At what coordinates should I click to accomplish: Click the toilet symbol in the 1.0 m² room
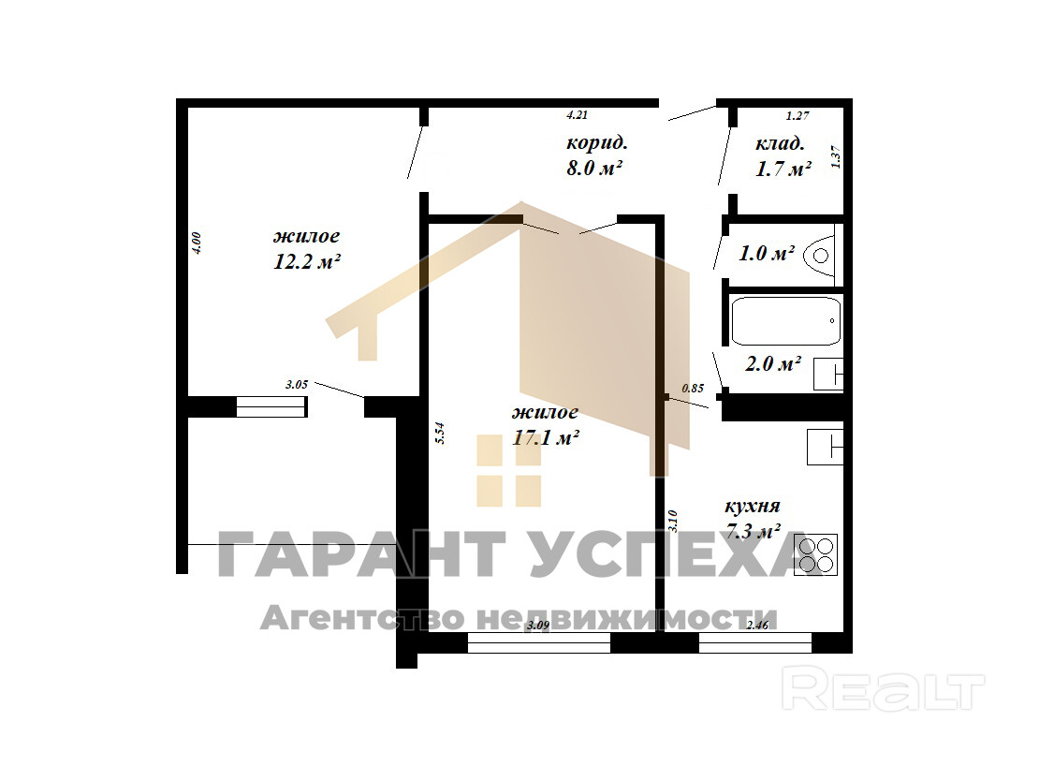[x=822, y=255]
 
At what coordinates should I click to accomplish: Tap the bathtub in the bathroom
[x=786, y=321]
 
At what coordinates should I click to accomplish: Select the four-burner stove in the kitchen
[x=815, y=554]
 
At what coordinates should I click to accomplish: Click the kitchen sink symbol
[x=825, y=447]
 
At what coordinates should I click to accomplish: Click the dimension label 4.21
[x=578, y=114]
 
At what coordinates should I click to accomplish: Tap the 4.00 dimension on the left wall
[x=196, y=242]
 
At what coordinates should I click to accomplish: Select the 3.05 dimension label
[x=297, y=384]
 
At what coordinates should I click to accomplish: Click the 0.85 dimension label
[x=693, y=389]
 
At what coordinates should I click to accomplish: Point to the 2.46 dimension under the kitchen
[x=757, y=625]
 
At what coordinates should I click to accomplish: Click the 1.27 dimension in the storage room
[x=798, y=116]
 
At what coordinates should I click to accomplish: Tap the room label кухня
[x=752, y=507]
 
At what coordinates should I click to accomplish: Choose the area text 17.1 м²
[x=547, y=438]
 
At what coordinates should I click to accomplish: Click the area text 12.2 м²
[x=307, y=262]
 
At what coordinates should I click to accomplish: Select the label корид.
[x=597, y=143]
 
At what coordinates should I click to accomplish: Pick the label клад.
[x=780, y=144]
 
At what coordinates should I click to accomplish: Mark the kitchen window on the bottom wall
[x=755, y=642]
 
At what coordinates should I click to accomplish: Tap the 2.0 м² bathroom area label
[x=773, y=363]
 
